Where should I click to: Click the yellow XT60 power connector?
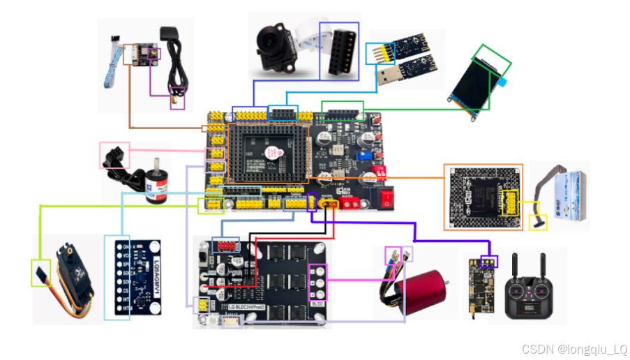coord(329,204)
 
